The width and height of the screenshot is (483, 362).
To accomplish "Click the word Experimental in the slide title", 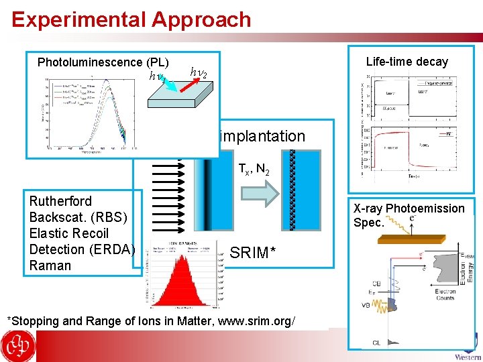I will (x=78, y=19).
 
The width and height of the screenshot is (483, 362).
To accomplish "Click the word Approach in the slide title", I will (x=201, y=19).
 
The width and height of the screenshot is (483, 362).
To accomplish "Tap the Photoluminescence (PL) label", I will (x=103, y=62).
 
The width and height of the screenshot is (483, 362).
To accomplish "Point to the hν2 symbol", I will (x=199, y=71).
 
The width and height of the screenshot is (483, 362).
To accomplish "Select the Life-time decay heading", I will (x=407, y=62).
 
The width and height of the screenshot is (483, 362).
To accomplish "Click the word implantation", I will (x=262, y=136).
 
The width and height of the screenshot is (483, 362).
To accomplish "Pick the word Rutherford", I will (x=60, y=201).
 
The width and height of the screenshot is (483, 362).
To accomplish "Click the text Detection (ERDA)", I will (x=82, y=249).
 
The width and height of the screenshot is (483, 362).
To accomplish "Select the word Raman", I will (x=50, y=265).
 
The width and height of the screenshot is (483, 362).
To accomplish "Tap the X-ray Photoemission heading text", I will (x=409, y=208).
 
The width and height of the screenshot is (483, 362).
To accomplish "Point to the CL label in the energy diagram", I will (x=376, y=343).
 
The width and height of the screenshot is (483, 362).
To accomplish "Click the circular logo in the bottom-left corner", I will (x=18, y=346).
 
